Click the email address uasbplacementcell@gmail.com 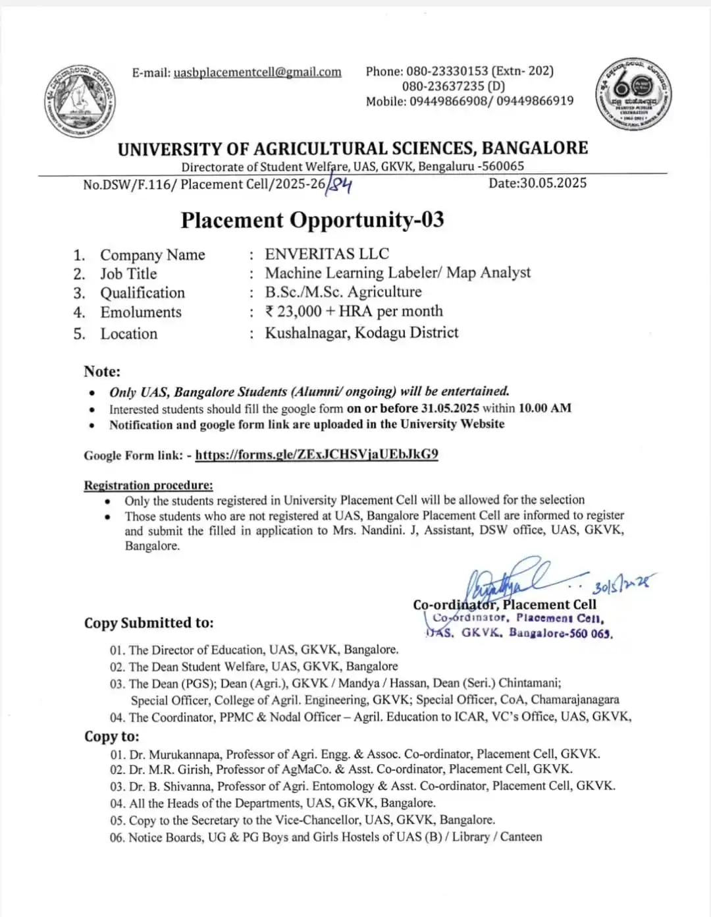pyautogui.click(x=257, y=72)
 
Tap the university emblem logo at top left pyautogui.click(x=80, y=101)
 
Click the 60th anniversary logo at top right pyautogui.click(x=633, y=94)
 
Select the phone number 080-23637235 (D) pyautogui.click(x=454, y=86)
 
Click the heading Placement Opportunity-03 pyautogui.click(x=312, y=220)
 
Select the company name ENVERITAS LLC pyautogui.click(x=327, y=254)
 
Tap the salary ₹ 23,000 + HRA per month pyautogui.click(x=354, y=312)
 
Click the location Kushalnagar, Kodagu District pyautogui.click(x=361, y=333)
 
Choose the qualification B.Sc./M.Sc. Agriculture pyautogui.click(x=343, y=292)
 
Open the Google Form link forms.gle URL pyautogui.click(x=317, y=455)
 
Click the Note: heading pyautogui.click(x=102, y=372)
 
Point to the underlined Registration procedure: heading pyautogui.click(x=148, y=486)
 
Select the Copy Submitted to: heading pyautogui.click(x=149, y=623)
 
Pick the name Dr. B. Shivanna pyautogui.click(x=171, y=787)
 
